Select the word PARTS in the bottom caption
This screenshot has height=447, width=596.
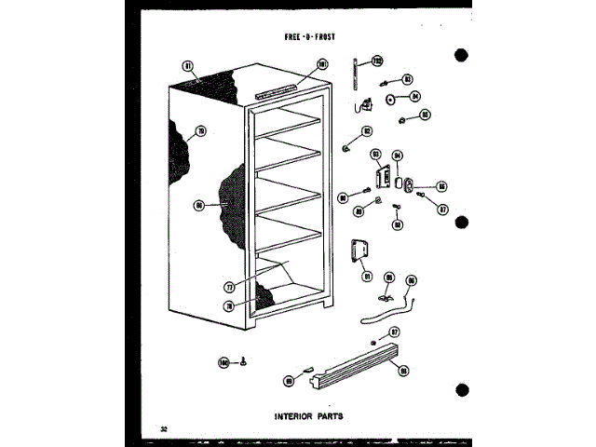pyautogui.click(x=326, y=415)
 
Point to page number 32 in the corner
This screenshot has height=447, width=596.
pyautogui.click(x=163, y=428)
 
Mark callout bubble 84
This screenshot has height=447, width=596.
pyautogui.click(x=415, y=96)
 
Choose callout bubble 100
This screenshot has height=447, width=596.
pyautogui.click(x=223, y=360)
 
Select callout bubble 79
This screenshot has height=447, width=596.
pyautogui.click(x=198, y=133)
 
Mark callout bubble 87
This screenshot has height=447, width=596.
pyautogui.click(x=443, y=210)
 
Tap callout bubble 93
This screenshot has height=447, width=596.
pyautogui.click(x=374, y=154)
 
